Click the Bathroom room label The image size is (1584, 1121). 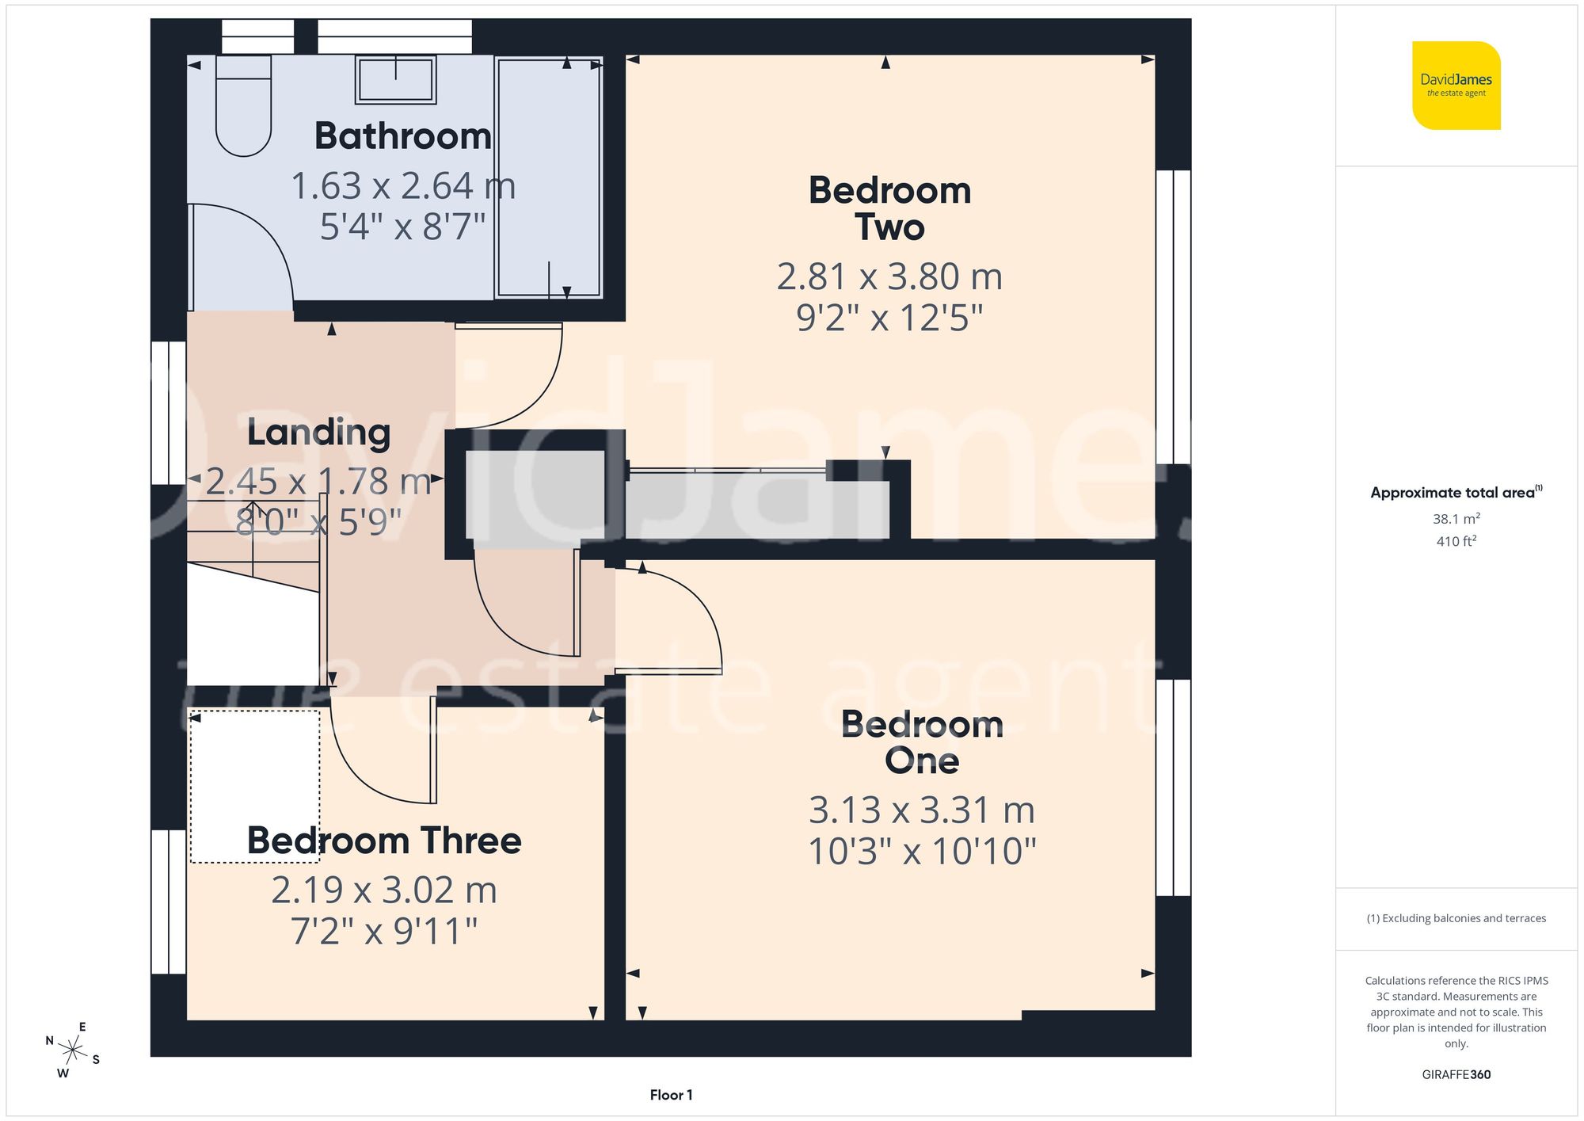click(402, 136)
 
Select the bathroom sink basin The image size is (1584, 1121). click(395, 80)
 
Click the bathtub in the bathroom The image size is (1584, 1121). click(549, 178)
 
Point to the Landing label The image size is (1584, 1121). click(318, 433)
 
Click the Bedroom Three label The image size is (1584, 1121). click(384, 841)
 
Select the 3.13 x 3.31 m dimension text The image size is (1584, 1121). click(922, 810)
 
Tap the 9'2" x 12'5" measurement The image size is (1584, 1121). click(889, 318)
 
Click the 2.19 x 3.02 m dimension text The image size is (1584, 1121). click(384, 890)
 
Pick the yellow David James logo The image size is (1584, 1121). click(1456, 86)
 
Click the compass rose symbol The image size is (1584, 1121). click(73, 1050)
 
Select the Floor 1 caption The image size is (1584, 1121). click(671, 1095)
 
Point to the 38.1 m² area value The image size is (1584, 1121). click(1456, 519)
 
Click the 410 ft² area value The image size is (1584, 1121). click(1456, 541)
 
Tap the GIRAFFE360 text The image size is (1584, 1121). click(1456, 1075)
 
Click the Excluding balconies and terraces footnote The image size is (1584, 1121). click(1456, 918)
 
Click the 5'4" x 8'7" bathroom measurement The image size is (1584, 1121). click(402, 227)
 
